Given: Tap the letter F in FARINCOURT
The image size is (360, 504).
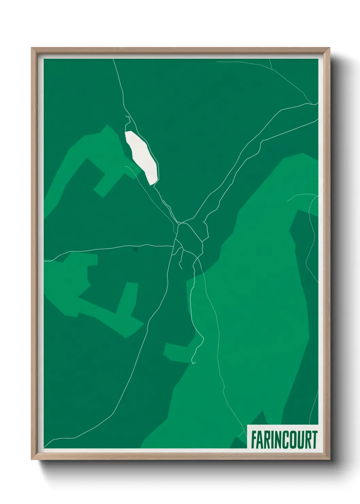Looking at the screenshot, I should coord(254,440).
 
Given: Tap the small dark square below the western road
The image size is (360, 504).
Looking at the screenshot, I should coord(136,250).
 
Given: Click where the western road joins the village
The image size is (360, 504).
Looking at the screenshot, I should coord(174,246).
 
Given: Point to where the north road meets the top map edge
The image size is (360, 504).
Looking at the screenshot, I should coord(113,60).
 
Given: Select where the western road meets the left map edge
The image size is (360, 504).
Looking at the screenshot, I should coord(45,261).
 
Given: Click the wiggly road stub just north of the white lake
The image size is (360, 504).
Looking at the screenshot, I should coord(128,119).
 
